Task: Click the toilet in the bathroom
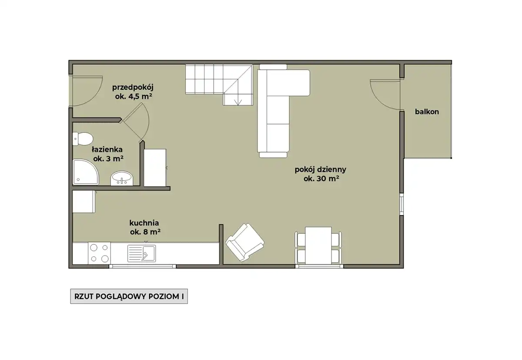tap(83, 139)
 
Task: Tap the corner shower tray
tap(85, 172)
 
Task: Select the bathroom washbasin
tap(122, 178)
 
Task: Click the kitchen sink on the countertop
tap(141, 253)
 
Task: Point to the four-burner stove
tap(100, 253)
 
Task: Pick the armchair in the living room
tap(244, 242)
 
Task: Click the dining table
tap(318, 246)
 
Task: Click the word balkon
tap(427, 112)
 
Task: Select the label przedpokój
tap(133, 87)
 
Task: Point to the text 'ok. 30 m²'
tap(321, 178)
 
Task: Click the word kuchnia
tap(144, 223)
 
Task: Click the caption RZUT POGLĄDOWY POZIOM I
tap(129, 296)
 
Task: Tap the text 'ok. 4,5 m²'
tap(134, 96)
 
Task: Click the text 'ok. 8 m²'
tap(145, 232)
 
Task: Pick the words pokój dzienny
tap(321, 169)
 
